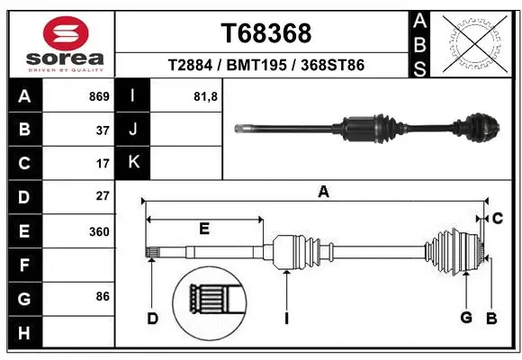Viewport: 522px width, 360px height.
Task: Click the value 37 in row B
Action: click(x=103, y=130)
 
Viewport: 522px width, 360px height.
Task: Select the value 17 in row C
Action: click(x=103, y=164)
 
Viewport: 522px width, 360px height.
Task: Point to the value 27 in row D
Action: click(x=103, y=196)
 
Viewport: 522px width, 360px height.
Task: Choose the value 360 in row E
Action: click(x=99, y=231)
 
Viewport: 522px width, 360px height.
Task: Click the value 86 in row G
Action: click(x=103, y=295)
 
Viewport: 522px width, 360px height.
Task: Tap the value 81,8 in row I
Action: click(x=206, y=95)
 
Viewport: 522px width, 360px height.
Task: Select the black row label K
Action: click(x=133, y=163)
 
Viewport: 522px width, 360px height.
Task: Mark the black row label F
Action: click(x=23, y=265)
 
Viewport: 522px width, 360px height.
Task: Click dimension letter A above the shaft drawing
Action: click(x=323, y=192)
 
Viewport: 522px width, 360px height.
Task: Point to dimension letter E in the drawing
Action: click(x=204, y=229)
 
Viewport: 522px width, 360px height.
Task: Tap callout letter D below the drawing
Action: click(x=153, y=318)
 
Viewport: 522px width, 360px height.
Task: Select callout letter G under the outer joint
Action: click(x=466, y=318)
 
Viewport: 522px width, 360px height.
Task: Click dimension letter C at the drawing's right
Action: click(x=497, y=219)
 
